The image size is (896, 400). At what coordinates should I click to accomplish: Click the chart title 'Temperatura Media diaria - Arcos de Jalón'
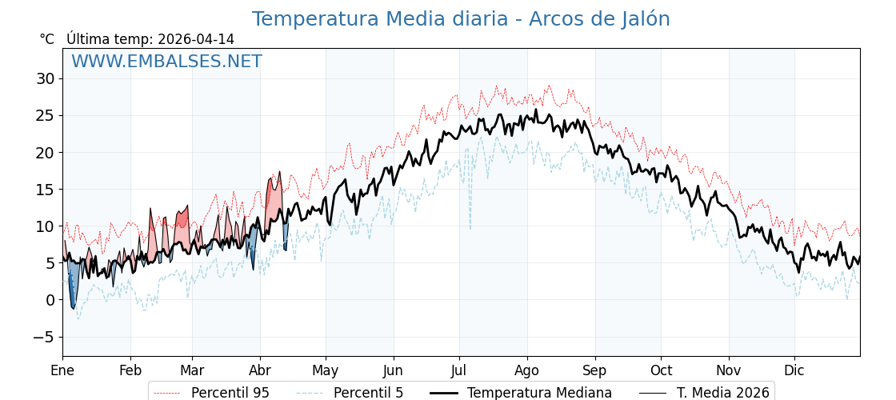(x=461, y=19)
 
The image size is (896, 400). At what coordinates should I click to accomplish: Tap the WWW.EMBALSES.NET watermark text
(x=166, y=62)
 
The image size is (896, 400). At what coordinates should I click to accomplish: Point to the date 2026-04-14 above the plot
(x=196, y=39)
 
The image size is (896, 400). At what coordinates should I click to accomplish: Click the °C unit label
(x=47, y=39)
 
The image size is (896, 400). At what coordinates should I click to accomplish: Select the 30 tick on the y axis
(x=45, y=78)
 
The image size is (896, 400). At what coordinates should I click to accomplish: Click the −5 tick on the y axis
(x=43, y=337)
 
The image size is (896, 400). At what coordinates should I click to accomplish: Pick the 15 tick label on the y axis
(x=45, y=190)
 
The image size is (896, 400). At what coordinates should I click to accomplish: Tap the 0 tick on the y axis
(x=50, y=300)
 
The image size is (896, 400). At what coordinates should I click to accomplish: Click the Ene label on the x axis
(x=62, y=370)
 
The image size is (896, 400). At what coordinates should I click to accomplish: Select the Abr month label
(x=260, y=370)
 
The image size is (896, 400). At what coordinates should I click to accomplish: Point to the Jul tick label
(x=459, y=370)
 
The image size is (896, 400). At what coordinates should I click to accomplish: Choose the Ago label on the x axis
(x=527, y=370)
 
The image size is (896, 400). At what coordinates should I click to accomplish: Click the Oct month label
(x=661, y=370)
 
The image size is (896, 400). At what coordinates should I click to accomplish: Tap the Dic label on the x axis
(x=794, y=370)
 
